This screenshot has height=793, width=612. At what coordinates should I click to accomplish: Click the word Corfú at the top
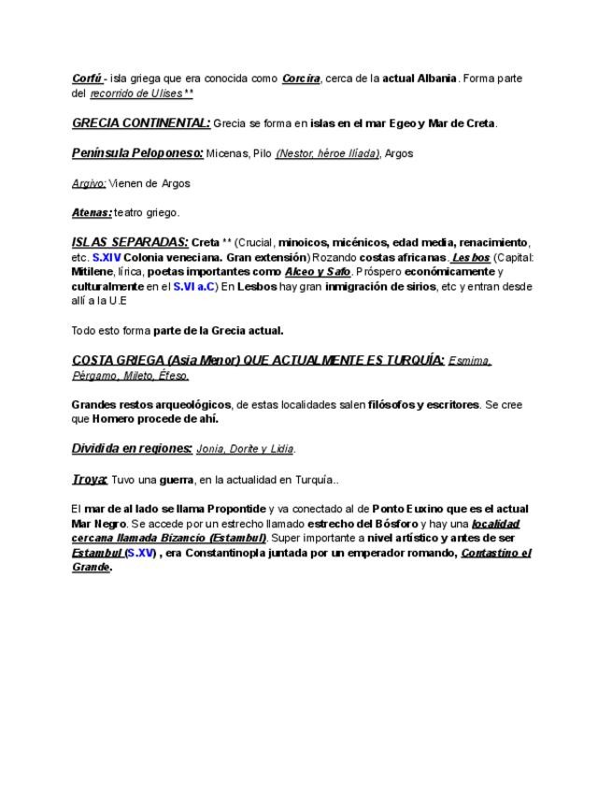tap(86, 79)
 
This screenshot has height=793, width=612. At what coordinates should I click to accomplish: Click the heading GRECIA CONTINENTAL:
tap(141, 123)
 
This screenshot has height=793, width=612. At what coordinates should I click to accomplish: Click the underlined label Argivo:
tap(89, 183)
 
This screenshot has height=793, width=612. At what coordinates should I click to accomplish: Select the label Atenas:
tap(92, 213)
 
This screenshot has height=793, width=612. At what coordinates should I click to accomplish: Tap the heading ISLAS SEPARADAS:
tap(130, 242)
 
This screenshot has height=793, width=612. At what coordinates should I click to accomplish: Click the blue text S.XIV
tap(107, 256)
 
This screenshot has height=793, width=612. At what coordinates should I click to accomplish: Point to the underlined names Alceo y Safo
tap(318, 271)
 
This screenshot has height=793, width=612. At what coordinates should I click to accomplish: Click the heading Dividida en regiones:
tap(132, 449)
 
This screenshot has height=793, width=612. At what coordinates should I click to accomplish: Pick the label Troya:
tap(90, 480)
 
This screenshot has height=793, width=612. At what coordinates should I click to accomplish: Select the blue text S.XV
tap(140, 554)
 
